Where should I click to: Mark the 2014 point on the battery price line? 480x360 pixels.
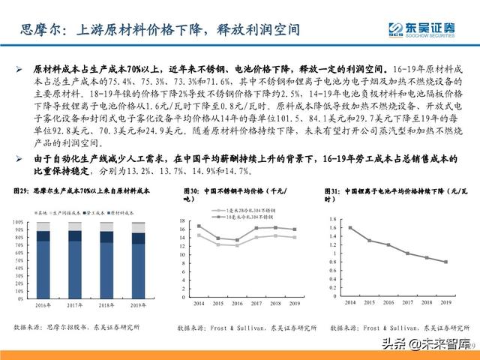tap(349, 227)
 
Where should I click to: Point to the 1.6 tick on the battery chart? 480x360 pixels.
tap(332, 227)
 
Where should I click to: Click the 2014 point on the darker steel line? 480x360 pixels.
tap(199, 226)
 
